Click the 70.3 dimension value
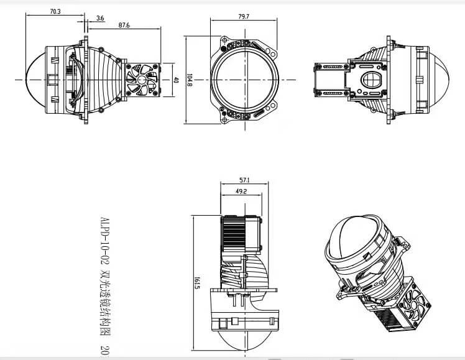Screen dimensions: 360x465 tap(55, 11)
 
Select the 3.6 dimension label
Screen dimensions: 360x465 tap(101, 18)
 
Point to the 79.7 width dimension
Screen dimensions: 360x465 tap(242, 17)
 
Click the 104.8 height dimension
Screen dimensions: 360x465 tap(189, 80)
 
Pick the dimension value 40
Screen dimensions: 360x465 tap(176, 80)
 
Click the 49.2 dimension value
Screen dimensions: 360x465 tap(240, 192)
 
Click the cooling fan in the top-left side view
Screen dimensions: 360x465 tap(140, 80)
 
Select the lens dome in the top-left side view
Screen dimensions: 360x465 tap(37, 80)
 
